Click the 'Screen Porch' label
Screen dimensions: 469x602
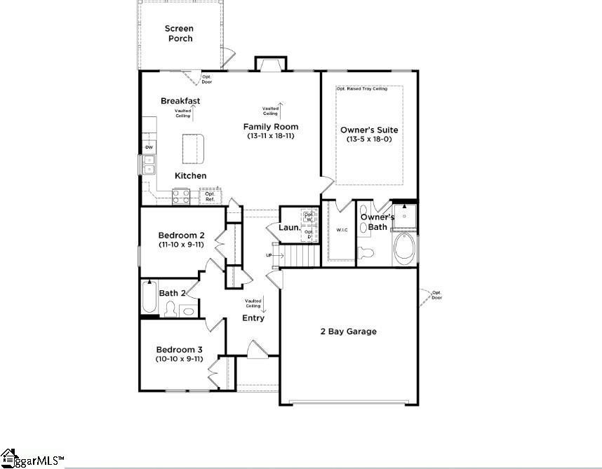tap(179, 33)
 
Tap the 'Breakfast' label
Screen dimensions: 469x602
tap(180, 101)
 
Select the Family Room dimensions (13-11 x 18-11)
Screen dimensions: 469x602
tap(271, 136)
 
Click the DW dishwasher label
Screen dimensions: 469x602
tap(149, 147)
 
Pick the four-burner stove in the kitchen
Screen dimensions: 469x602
tap(181, 196)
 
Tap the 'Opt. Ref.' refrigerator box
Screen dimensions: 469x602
tap(209, 196)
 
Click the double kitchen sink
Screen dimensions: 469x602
tap(149, 165)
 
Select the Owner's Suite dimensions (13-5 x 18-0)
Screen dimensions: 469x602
tap(369, 140)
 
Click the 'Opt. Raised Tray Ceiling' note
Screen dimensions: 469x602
tap(369, 89)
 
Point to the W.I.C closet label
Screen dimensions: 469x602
tap(342, 229)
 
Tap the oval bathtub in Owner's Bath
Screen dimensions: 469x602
tap(404, 248)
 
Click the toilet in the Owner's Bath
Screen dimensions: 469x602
tap(364, 252)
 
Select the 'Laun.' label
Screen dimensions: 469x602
tap(289, 228)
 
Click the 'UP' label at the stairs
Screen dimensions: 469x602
tap(269, 255)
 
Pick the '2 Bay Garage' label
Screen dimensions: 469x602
tap(349, 332)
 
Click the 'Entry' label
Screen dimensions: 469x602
tap(253, 318)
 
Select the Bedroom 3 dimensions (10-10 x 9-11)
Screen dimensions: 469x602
tap(180, 359)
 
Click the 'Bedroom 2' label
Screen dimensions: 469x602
tap(181, 235)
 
